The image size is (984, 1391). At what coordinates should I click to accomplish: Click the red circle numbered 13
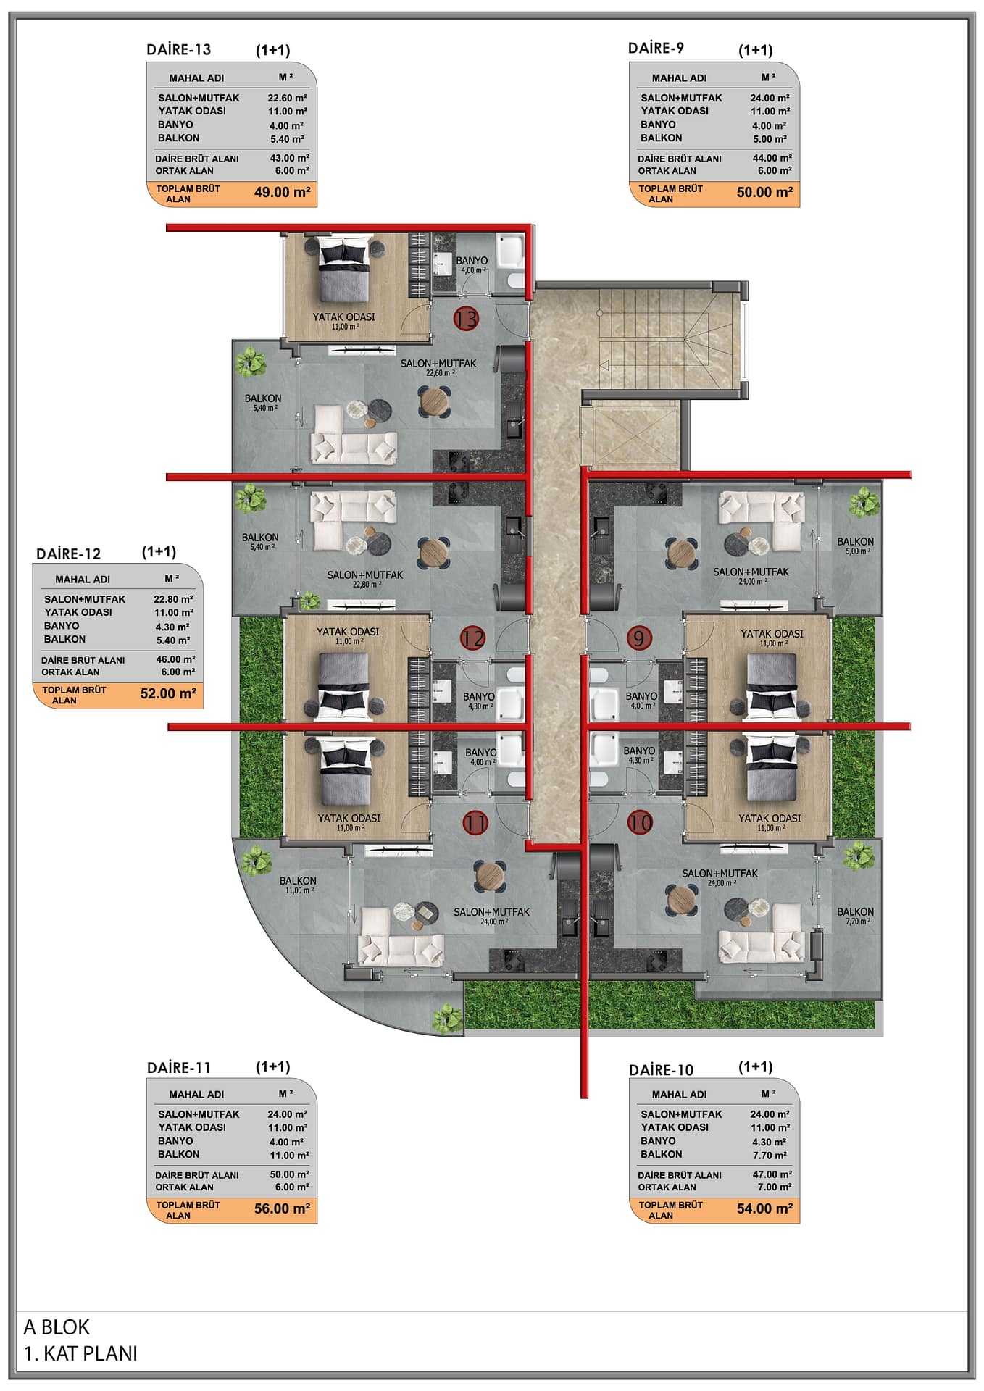(467, 318)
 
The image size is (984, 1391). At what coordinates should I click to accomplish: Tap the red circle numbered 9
(639, 638)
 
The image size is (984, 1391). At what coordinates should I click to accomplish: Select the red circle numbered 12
(472, 638)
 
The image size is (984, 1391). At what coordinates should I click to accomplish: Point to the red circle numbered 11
(475, 822)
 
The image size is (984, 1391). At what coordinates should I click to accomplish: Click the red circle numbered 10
(640, 822)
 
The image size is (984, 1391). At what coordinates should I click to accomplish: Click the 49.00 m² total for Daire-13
(282, 192)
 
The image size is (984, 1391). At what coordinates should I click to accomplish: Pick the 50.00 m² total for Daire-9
(764, 192)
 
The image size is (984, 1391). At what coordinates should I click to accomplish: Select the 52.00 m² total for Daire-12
(168, 693)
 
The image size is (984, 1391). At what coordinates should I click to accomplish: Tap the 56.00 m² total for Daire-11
(282, 1208)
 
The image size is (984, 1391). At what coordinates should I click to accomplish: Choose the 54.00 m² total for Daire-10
(764, 1208)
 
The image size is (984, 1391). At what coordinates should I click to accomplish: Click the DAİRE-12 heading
(68, 554)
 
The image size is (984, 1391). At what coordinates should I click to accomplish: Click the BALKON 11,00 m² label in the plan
(298, 885)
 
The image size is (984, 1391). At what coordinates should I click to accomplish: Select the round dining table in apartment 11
(490, 876)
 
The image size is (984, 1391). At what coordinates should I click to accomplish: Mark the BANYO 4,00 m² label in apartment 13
(472, 264)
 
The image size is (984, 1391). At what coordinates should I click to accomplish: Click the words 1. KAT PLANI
(80, 1353)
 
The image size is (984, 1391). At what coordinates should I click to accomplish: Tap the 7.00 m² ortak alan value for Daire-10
(775, 1187)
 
